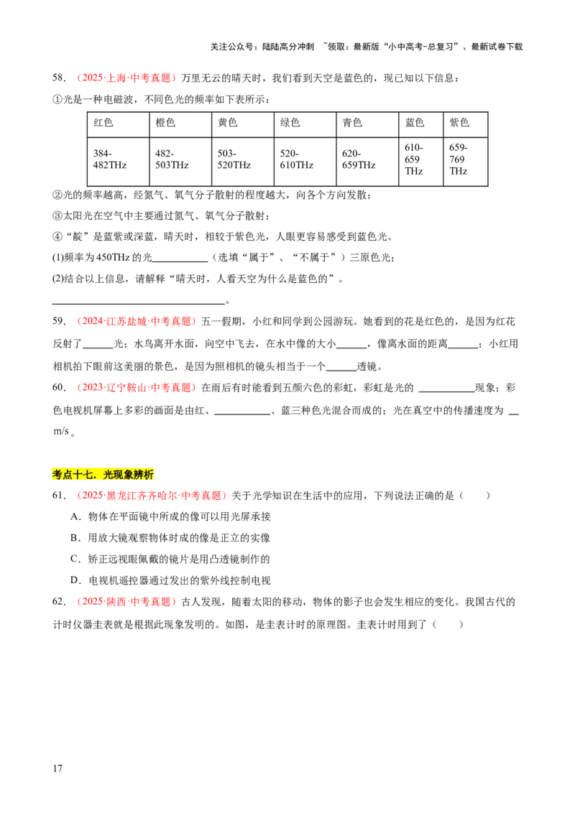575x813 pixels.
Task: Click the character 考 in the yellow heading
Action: click(57, 475)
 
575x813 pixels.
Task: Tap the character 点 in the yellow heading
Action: click(68, 475)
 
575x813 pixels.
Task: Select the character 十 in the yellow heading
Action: click(78, 475)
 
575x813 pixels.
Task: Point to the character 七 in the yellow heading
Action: click(88, 475)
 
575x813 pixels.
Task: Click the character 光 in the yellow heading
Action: click(109, 475)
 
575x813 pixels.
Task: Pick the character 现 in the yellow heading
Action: click(119, 475)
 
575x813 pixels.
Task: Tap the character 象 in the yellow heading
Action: click(129, 475)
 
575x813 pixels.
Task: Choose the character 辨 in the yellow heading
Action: click(139, 475)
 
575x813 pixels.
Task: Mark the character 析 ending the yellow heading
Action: click(149, 475)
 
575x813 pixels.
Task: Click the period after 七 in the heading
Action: click(96, 477)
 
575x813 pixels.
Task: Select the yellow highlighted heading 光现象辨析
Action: click(103, 475)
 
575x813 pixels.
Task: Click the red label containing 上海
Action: click(126, 78)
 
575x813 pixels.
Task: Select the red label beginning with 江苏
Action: click(136, 322)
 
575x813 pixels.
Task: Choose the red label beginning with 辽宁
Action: click(136, 388)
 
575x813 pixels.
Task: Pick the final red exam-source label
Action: click(126, 602)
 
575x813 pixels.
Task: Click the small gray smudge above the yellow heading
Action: click(59, 431)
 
